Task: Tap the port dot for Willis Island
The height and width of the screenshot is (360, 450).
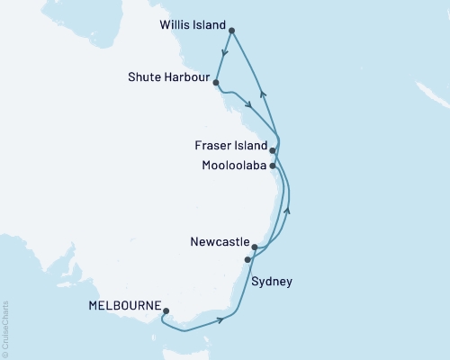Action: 232,31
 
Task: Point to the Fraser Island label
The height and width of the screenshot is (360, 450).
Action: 231,146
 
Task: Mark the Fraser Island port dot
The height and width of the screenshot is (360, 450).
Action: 273,151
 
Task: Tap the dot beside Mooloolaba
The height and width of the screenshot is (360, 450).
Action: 273,166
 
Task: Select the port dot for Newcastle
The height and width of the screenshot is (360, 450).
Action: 255,247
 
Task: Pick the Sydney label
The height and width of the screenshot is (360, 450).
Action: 272,282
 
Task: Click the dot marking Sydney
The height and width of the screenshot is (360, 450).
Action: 247,259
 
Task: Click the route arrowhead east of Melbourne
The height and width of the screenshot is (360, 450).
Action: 220,319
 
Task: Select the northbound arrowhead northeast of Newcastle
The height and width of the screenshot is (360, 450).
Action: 288,211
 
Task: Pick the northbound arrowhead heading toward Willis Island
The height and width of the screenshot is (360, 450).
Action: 261,93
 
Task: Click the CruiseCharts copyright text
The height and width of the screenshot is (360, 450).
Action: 5,328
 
